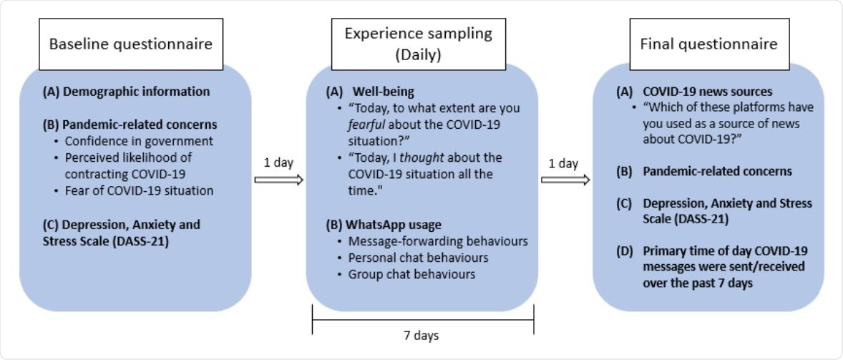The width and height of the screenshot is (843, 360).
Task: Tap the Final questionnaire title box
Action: pos(708,44)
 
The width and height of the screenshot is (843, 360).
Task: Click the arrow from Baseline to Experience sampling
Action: pos(279,180)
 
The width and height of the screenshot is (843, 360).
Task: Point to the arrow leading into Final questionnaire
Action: pos(565,180)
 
